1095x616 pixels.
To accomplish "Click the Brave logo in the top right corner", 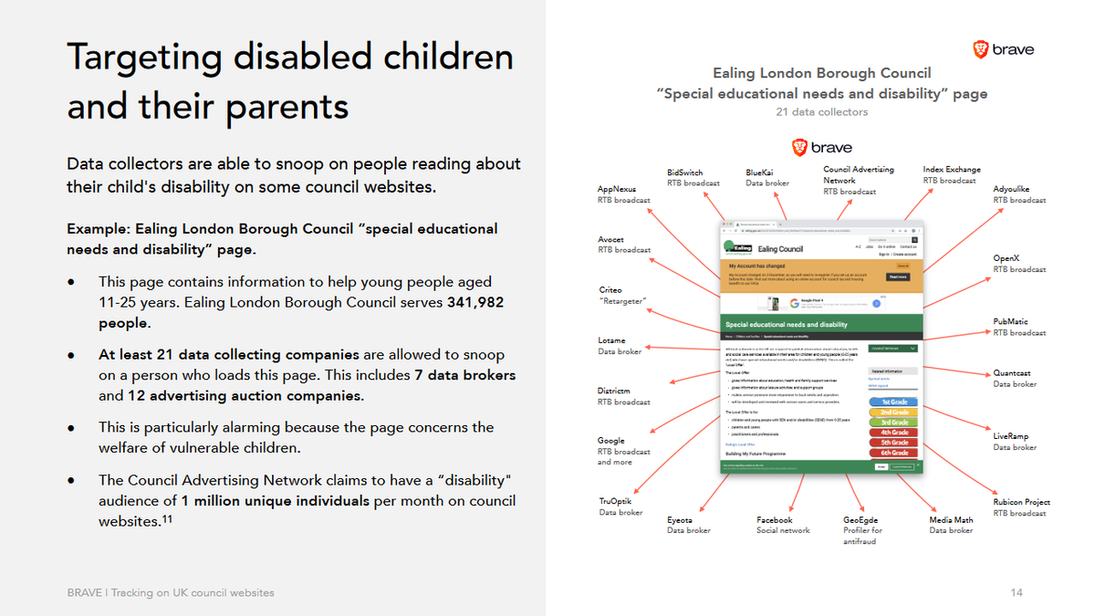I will click(1003, 50).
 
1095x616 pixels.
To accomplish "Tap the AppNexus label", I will click(618, 189).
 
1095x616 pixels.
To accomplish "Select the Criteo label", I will click(611, 290).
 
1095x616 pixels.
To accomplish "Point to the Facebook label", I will click(775, 520).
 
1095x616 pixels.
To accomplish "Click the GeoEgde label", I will click(861, 520).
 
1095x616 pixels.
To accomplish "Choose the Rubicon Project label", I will click(1021, 502).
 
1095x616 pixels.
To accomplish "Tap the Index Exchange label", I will click(952, 170).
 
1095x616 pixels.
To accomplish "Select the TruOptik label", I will click(616, 501).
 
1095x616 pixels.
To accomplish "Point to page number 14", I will click(1017, 593).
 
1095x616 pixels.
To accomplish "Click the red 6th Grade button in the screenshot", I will click(894, 453).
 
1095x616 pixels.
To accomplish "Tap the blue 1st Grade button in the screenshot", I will click(894, 402).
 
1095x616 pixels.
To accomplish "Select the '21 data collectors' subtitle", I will click(822, 112).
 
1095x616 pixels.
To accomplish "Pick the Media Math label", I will click(951, 520).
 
